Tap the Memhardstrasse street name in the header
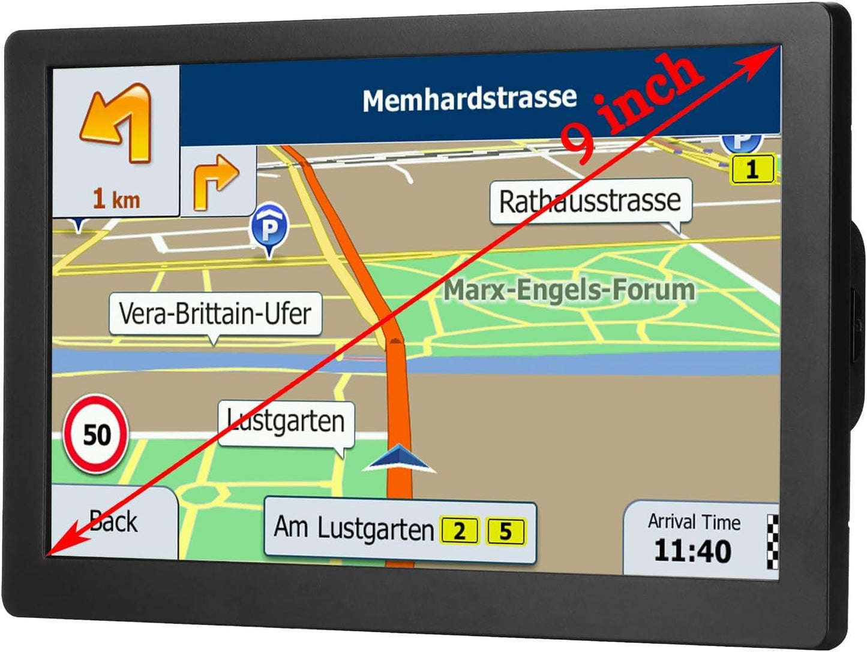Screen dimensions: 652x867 coord(469,99)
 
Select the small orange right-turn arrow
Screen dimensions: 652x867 coord(214,179)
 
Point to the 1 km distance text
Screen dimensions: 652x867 coord(116,198)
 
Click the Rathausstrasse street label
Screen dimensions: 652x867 coord(590,201)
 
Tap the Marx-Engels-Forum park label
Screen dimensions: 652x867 coord(569,290)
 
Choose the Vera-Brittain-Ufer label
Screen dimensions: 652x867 coord(215,313)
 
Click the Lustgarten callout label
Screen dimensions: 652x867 coord(286,421)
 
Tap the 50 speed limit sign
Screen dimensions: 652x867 coord(96,434)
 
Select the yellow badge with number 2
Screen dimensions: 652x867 coord(460,530)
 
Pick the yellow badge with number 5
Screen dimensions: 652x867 coord(505,531)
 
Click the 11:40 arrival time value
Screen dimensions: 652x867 coord(692,551)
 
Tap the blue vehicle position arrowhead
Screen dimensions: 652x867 coord(400,459)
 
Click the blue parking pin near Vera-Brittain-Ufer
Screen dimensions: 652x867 coord(269,228)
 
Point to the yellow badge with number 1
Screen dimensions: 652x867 coord(752,170)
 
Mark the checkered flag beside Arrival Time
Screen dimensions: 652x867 coord(772,541)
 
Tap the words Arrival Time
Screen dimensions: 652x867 coord(694,522)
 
